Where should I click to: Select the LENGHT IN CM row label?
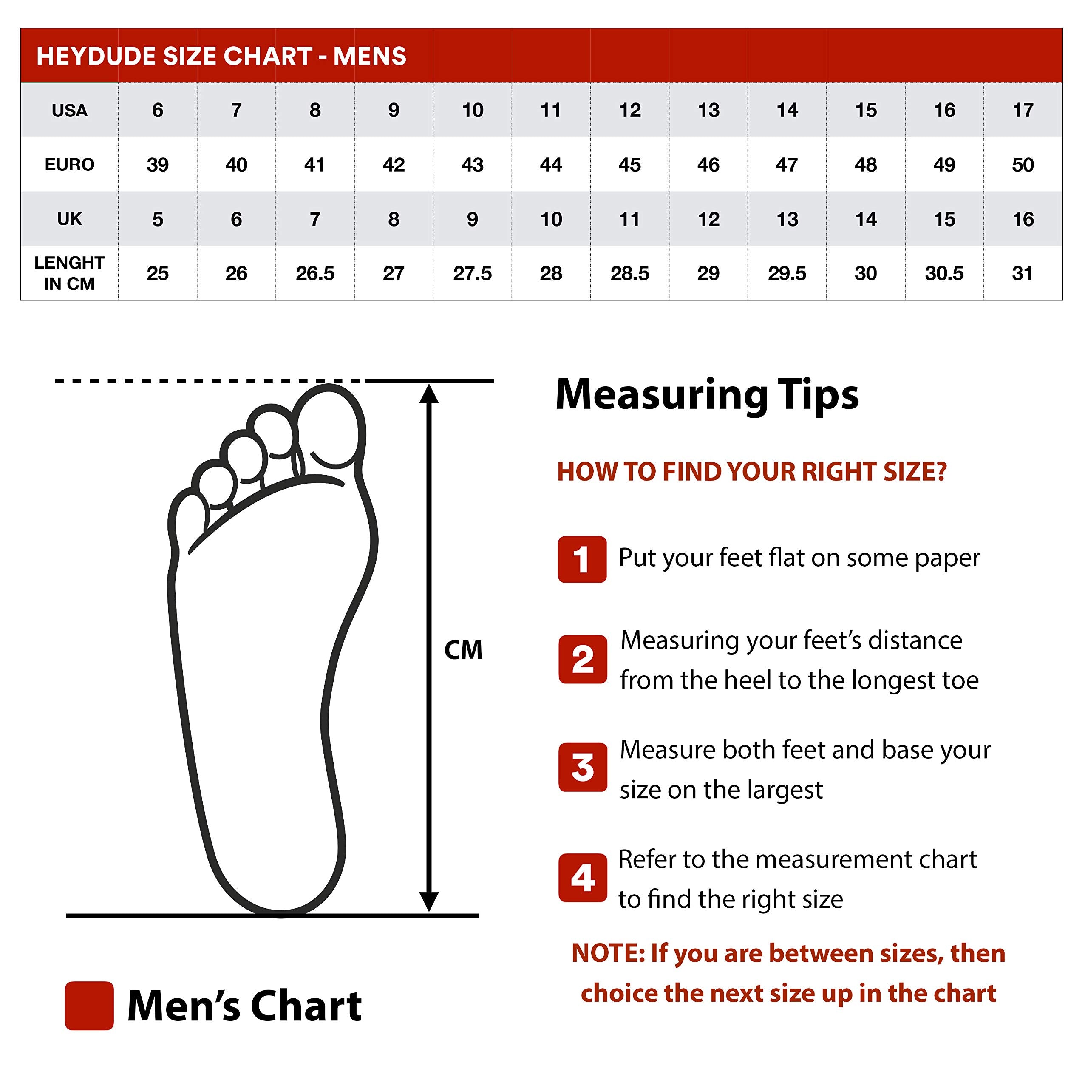[x=69, y=273]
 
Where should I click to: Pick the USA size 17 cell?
[x=1023, y=110]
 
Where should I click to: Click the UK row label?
[x=69, y=218]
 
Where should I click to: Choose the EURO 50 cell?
[x=1023, y=164]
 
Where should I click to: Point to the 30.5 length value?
[x=944, y=273]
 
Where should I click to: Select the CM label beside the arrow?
[x=463, y=650]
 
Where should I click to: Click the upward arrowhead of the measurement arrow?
[x=428, y=394]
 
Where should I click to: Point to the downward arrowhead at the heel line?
[x=428, y=901]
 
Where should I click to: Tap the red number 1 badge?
[x=582, y=559]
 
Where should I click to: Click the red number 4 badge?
[x=582, y=877]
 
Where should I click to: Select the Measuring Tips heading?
[x=707, y=394]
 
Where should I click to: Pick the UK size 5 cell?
[x=157, y=218]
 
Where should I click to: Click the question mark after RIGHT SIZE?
[x=941, y=471]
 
